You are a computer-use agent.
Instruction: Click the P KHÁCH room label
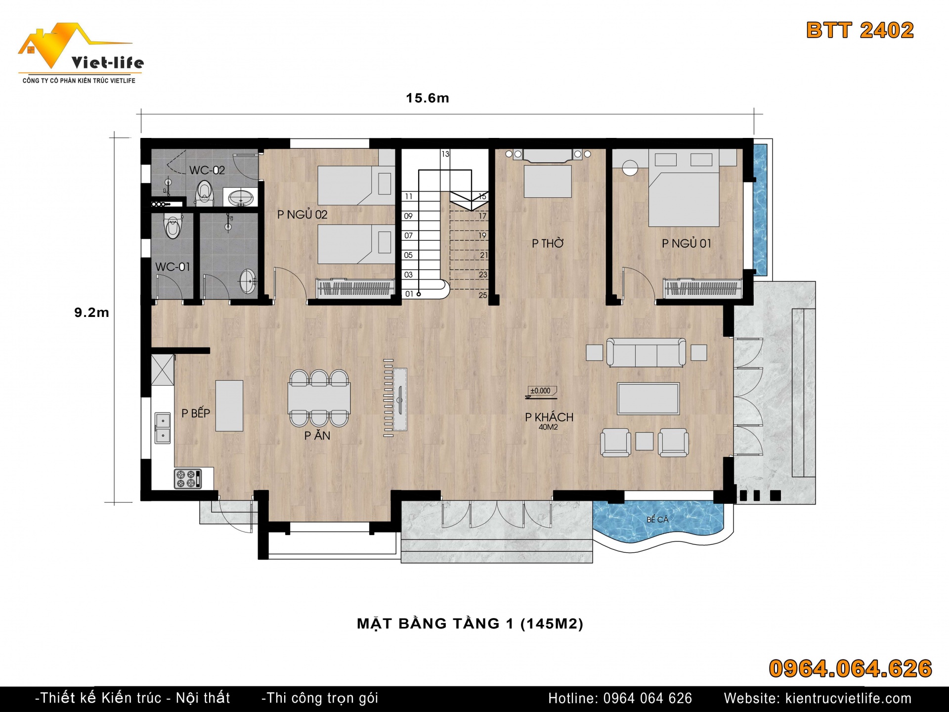coord(549,417)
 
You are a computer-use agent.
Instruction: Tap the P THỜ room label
coord(548,243)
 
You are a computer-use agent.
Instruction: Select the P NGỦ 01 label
coord(686,243)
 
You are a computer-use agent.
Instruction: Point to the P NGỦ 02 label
coord(302,214)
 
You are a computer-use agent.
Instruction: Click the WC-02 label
coord(207,170)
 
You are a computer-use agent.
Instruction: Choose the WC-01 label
coord(173,267)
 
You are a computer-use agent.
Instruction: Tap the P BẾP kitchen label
coord(196,413)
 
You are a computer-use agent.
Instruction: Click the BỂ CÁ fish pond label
coord(657,519)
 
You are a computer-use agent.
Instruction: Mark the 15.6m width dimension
coord(428,98)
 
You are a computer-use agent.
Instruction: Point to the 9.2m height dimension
coord(91,312)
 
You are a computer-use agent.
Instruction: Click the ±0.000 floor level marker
coord(540,391)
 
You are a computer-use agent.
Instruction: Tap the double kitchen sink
coord(163,428)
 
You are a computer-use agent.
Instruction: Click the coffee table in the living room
coord(648,398)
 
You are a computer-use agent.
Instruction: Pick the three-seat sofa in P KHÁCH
coord(646,353)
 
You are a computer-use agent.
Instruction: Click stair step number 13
coord(445,154)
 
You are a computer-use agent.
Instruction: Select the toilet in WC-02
coord(204,192)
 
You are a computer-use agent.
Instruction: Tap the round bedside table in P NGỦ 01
coord(631,167)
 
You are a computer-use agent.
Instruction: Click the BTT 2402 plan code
coord(860,30)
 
